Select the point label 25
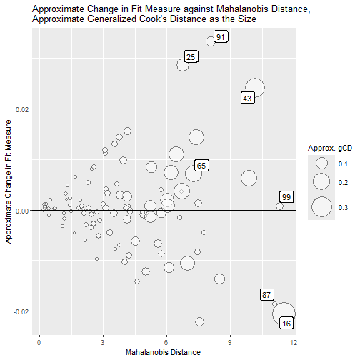click(191, 56)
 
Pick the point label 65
click(201, 166)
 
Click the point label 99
click(286, 197)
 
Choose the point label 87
click(267, 294)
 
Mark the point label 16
click(286, 324)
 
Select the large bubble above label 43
click(254, 88)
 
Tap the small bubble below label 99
click(280, 206)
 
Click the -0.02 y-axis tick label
click(19, 312)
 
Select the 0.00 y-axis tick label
click(20, 211)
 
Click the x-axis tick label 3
click(104, 340)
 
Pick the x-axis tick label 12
click(294, 340)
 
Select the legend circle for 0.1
click(322, 164)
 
